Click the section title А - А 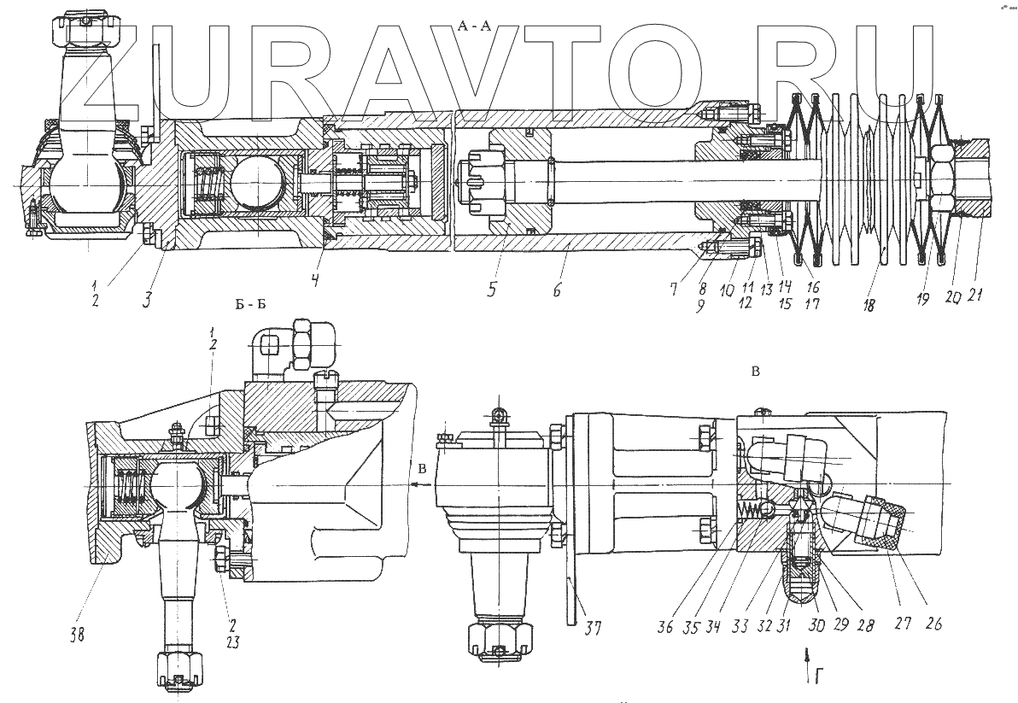point(474,26)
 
